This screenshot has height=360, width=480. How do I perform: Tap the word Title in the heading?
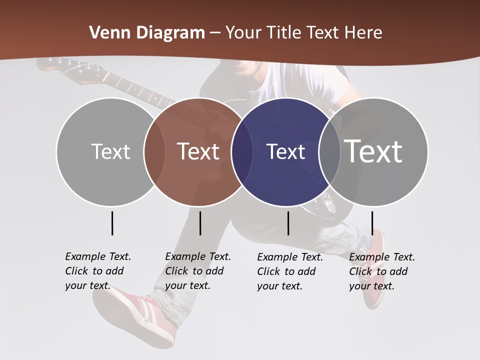(282, 33)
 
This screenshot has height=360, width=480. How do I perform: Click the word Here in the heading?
(363, 33)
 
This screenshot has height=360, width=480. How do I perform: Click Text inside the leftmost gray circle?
(110, 151)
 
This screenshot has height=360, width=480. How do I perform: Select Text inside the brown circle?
(198, 151)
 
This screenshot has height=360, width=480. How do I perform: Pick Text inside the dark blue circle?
(285, 151)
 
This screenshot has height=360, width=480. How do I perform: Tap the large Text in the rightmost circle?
(373, 151)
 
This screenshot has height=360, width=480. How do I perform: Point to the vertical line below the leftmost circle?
(112, 223)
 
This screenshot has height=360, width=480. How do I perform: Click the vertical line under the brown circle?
(200, 223)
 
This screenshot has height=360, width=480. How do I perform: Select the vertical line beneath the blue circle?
(288, 223)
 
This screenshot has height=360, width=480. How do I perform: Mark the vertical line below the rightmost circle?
(372, 223)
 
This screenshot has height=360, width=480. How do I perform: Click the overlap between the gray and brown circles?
(154, 152)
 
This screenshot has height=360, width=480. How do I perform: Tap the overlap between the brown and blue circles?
(242, 152)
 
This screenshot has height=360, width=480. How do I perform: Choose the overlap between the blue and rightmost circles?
(329, 152)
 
